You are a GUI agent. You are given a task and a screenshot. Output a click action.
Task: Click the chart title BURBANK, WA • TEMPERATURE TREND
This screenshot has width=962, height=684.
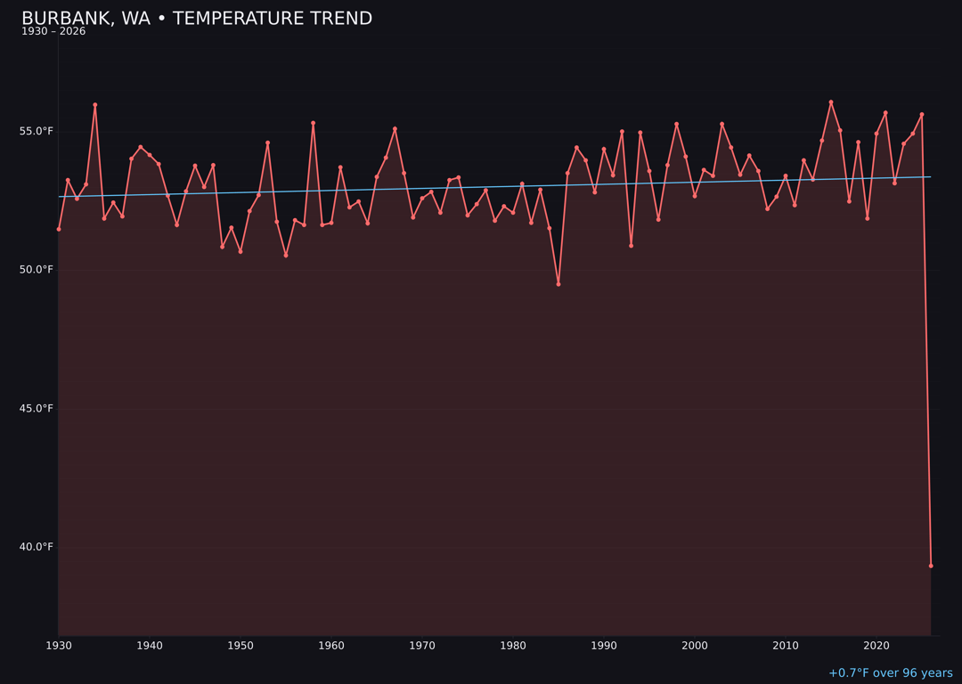coord(197,19)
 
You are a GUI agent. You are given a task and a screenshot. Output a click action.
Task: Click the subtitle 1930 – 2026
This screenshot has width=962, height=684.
coord(53,32)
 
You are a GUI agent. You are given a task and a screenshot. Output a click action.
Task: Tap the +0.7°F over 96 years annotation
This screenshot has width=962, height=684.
coord(890,673)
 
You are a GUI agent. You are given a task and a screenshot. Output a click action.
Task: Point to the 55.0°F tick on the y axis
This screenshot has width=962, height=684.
coord(37,132)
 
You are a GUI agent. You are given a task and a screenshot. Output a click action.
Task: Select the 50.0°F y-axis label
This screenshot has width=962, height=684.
coord(37,270)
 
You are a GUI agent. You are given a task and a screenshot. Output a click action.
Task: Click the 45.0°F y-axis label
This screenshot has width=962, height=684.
coord(37,409)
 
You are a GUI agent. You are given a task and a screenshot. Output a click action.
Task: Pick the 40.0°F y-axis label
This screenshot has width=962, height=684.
coord(37,547)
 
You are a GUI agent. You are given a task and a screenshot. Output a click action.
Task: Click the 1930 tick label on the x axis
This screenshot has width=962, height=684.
coord(59,646)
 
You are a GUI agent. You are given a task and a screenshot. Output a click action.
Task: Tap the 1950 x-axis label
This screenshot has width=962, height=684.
coord(240,646)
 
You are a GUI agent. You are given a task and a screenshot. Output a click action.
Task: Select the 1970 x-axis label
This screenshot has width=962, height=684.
coord(422,646)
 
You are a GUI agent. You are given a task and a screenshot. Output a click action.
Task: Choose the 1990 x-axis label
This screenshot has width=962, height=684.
coord(604,646)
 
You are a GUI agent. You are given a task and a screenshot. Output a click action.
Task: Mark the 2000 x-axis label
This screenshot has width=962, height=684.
coord(695,646)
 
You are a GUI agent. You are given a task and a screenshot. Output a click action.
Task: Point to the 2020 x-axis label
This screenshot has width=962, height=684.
coord(876,646)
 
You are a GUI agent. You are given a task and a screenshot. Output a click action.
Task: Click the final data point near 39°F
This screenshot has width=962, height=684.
coord(931,566)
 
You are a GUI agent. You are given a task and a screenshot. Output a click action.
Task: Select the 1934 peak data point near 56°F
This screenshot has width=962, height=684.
coord(95,105)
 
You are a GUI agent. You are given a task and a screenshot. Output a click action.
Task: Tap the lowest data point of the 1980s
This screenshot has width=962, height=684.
coord(558,284)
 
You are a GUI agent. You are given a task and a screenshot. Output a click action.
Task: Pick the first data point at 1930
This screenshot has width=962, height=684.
coord(59,229)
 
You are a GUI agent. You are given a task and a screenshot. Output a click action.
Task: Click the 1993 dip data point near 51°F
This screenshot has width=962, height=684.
coord(632,246)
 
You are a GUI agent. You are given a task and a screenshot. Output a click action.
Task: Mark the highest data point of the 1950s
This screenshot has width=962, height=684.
coord(313,123)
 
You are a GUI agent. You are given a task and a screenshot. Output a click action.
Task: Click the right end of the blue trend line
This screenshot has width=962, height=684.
coord(931,176)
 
